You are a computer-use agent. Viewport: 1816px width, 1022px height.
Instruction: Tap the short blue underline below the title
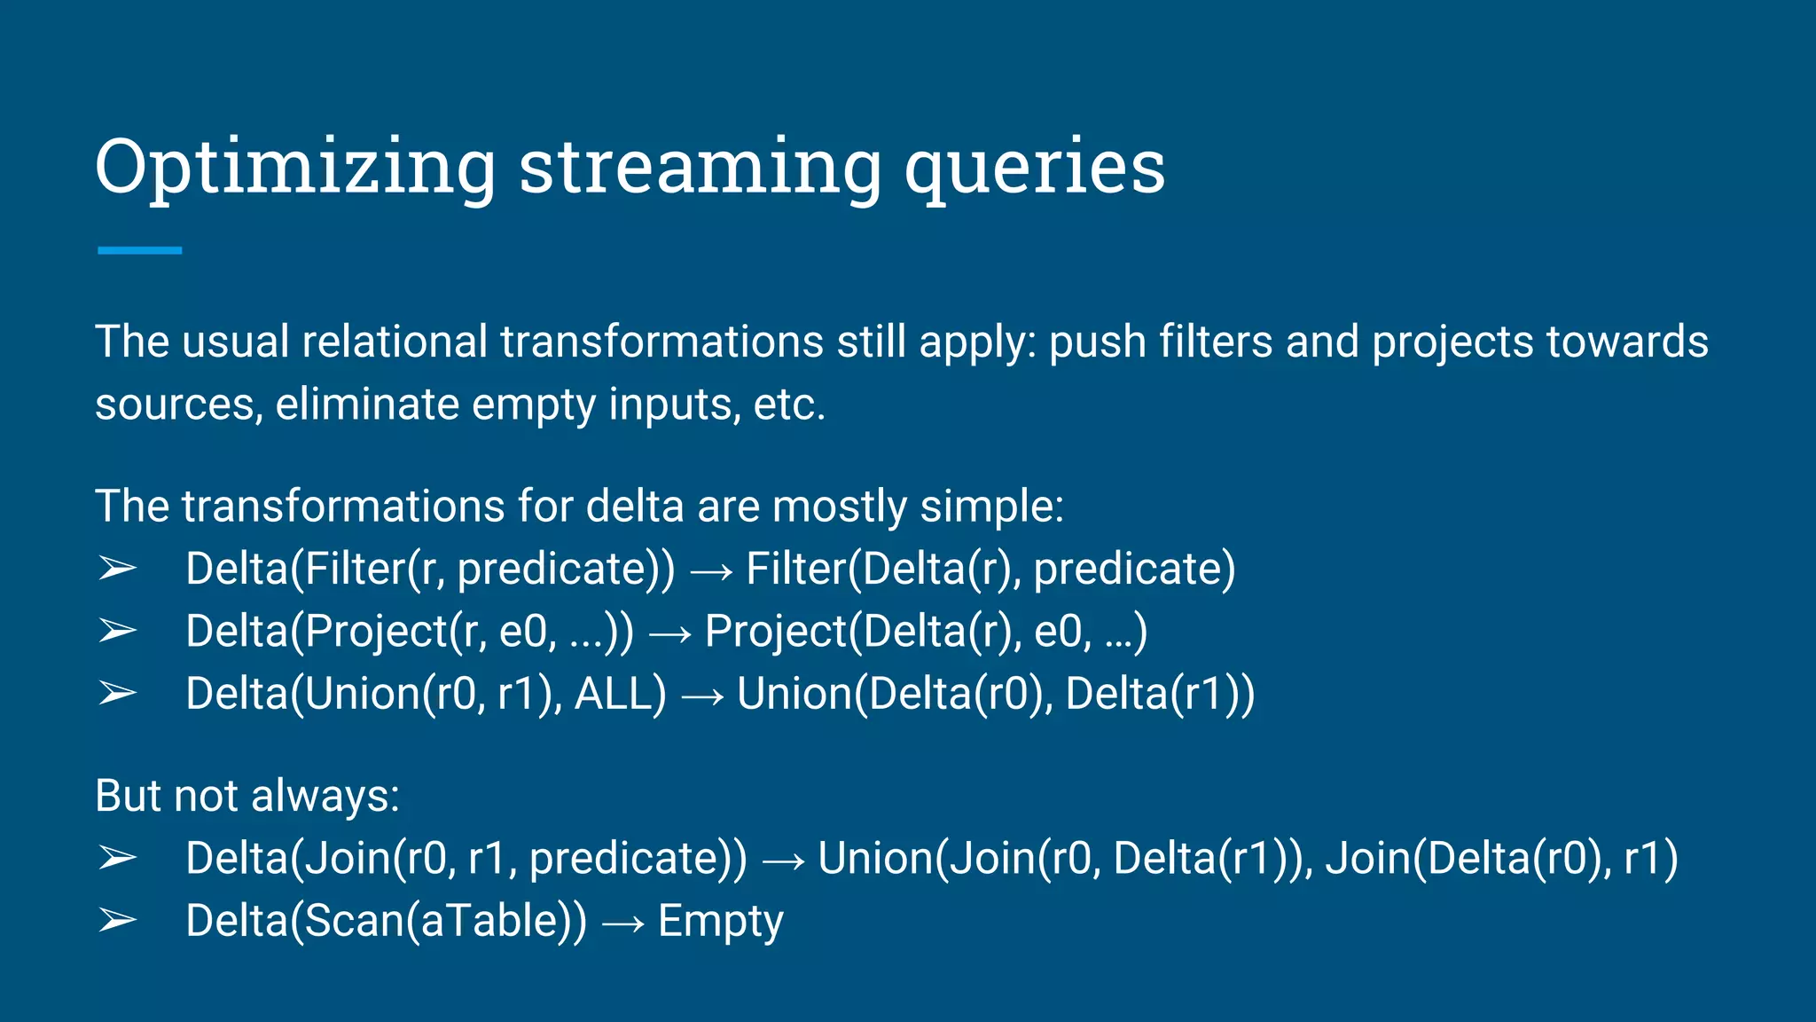[139, 251]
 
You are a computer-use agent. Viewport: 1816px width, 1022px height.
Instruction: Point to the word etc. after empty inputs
[789, 405]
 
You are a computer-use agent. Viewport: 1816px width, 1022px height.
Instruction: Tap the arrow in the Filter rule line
[711, 571]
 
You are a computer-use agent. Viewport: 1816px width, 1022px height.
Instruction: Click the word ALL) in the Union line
[620, 694]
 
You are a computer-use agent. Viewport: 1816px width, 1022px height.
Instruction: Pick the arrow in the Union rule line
[702, 696]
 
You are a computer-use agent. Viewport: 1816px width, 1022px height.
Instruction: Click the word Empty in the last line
[720, 922]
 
